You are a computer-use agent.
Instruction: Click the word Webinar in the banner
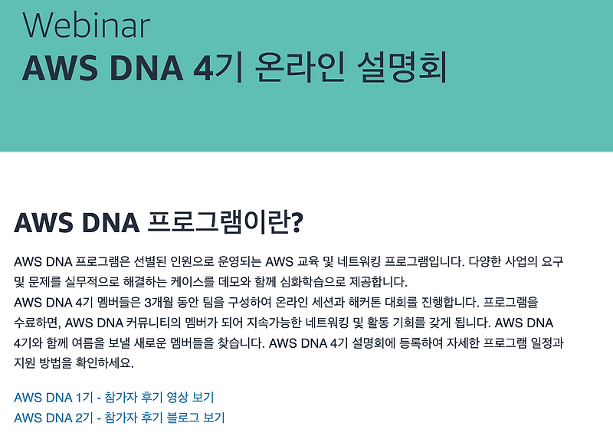point(86,25)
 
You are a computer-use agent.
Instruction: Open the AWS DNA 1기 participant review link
point(113,397)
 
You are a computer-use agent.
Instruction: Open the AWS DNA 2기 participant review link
point(119,418)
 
